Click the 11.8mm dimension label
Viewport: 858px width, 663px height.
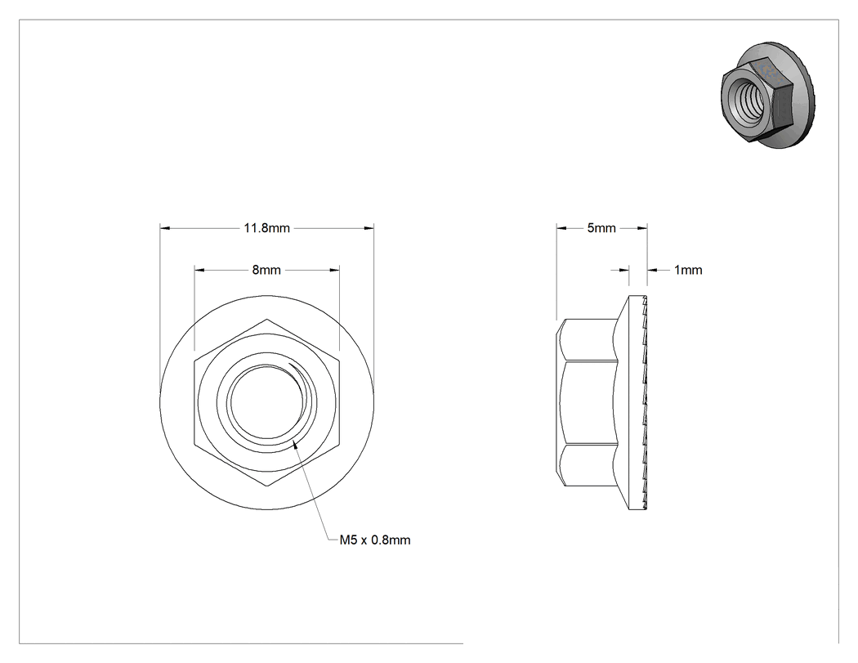(266, 228)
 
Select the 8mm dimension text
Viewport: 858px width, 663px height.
(266, 270)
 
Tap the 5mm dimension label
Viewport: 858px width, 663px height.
(601, 228)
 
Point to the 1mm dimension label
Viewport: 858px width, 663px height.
(688, 270)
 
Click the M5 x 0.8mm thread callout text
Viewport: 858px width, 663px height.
(375, 540)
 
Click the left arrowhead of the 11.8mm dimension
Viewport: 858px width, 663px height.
(165, 228)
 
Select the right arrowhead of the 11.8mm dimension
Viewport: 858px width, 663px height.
(369, 228)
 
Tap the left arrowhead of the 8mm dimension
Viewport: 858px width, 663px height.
(199, 270)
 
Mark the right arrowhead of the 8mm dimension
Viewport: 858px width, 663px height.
(333, 270)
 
